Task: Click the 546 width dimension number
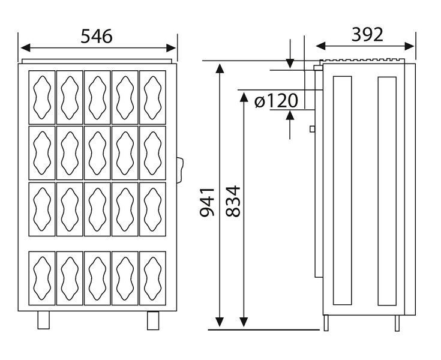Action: (97, 36)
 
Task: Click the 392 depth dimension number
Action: (367, 35)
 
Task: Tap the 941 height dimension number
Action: (207, 202)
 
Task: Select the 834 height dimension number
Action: (233, 201)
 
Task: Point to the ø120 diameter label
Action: (276, 101)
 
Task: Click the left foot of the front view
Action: (44, 320)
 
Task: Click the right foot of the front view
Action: (153, 320)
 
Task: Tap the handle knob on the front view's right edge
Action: (180, 170)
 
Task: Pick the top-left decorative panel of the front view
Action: (42, 97)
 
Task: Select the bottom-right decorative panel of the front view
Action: (153, 278)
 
